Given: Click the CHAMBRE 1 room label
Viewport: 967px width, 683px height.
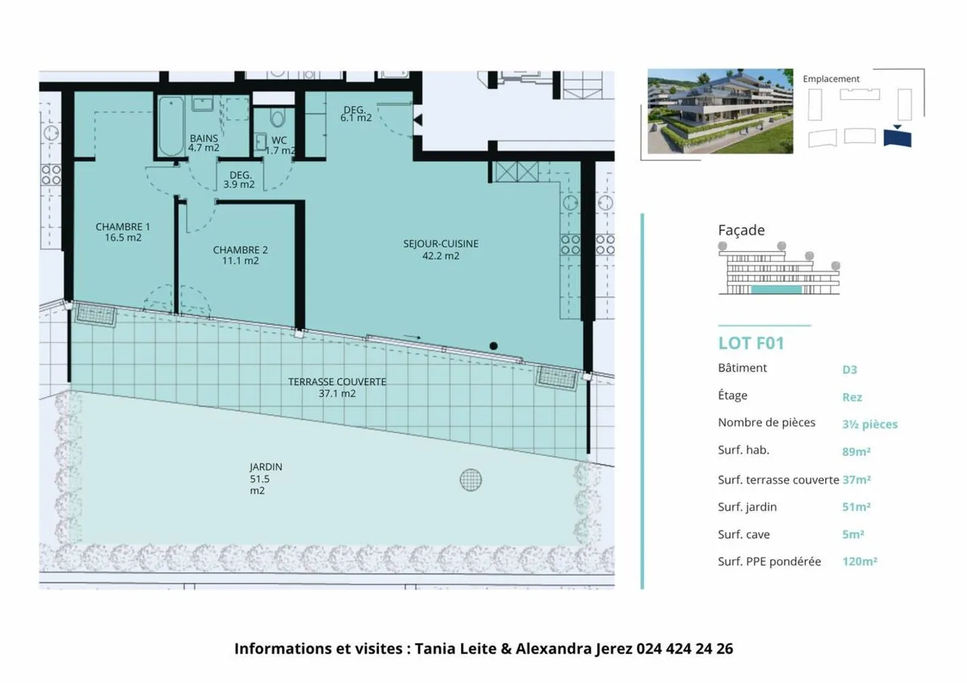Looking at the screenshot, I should pyautogui.click(x=122, y=232).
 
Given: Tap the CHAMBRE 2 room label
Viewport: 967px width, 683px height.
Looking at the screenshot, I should pyautogui.click(x=240, y=255).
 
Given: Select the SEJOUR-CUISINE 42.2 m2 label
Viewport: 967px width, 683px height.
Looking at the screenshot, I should pyautogui.click(x=441, y=249).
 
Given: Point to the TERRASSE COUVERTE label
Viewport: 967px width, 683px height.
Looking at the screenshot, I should pyautogui.click(x=337, y=387).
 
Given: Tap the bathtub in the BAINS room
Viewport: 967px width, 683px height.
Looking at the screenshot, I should pyautogui.click(x=171, y=126).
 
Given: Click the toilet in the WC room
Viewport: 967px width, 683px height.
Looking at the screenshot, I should pyautogui.click(x=277, y=119).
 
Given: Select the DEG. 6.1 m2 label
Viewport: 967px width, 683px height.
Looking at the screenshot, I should pyautogui.click(x=355, y=113).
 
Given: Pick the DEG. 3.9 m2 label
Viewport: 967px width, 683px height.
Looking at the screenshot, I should pyautogui.click(x=239, y=179).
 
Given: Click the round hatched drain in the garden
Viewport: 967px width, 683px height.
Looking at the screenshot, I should pyautogui.click(x=471, y=480).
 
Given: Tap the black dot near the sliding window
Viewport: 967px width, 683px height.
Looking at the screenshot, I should pyautogui.click(x=494, y=346).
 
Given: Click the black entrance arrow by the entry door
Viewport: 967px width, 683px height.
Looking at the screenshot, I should pyautogui.click(x=418, y=120).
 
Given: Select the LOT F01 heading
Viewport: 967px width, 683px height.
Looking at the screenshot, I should pyautogui.click(x=751, y=343).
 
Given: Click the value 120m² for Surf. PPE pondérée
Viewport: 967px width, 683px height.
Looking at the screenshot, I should pyautogui.click(x=860, y=561).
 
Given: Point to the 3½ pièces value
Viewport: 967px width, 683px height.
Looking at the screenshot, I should pyautogui.click(x=870, y=424).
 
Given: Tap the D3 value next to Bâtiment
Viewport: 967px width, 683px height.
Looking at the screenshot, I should pyautogui.click(x=849, y=369).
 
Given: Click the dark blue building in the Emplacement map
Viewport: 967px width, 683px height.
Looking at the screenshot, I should pyautogui.click(x=897, y=138).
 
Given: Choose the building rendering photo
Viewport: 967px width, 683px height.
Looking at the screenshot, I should pyautogui.click(x=720, y=111).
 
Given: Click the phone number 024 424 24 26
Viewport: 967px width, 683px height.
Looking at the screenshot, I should pyautogui.click(x=684, y=649).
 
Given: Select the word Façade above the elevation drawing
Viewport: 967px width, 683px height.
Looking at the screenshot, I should pyautogui.click(x=741, y=230).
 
